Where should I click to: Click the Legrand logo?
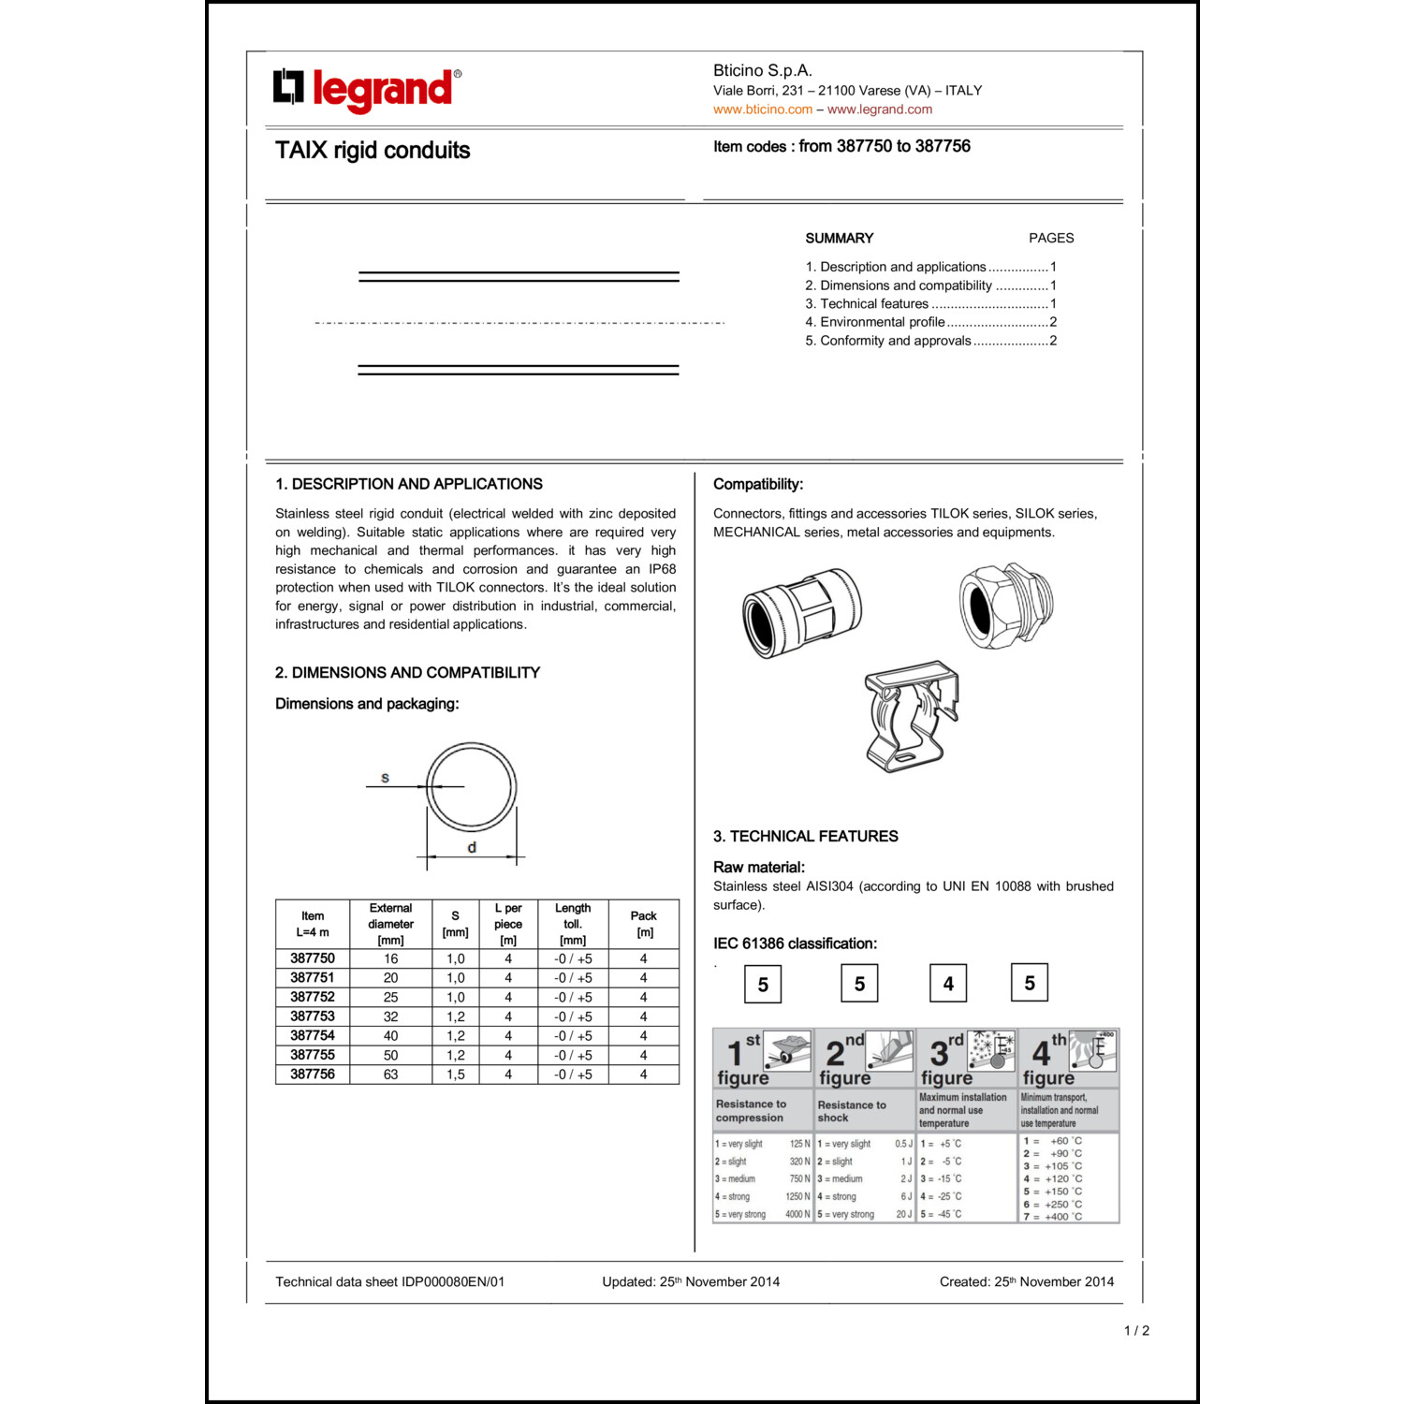click(x=366, y=89)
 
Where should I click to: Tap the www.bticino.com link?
click(x=762, y=110)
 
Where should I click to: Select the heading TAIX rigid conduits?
click(x=373, y=151)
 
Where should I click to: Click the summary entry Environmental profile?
click(x=882, y=322)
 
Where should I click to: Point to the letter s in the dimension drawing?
click(x=385, y=778)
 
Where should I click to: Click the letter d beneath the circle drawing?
click(x=472, y=847)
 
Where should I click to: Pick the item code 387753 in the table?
click(x=312, y=1016)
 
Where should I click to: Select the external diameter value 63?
click(x=390, y=1075)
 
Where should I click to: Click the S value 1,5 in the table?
click(x=455, y=1075)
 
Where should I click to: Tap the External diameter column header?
click(x=390, y=924)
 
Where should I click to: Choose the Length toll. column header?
click(x=573, y=924)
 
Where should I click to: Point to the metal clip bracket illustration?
click(x=911, y=716)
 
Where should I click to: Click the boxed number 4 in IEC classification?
click(x=948, y=984)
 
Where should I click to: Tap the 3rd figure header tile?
click(x=966, y=1058)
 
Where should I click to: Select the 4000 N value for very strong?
click(x=797, y=1215)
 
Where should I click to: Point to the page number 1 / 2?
click(x=1136, y=1331)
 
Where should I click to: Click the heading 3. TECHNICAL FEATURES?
click(x=805, y=837)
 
